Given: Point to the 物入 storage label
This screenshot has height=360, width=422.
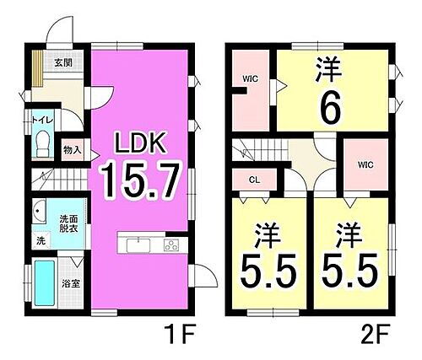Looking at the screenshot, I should click(x=72, y=150).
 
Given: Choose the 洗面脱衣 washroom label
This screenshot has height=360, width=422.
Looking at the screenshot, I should click(x=68, y=223).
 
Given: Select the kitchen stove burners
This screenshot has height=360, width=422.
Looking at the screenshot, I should click(x=171, y=245).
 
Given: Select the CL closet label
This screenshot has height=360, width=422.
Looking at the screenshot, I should click(x=253, y=180).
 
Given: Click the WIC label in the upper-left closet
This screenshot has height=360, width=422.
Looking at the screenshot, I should click(x=250, y=79).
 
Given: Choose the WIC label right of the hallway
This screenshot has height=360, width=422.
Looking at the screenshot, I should click(x=365, y=164).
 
